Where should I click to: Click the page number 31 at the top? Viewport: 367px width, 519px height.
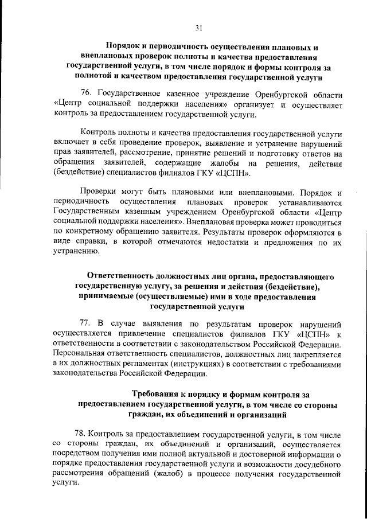tap(198, 27)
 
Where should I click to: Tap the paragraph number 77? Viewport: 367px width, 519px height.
tap(87, 322)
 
